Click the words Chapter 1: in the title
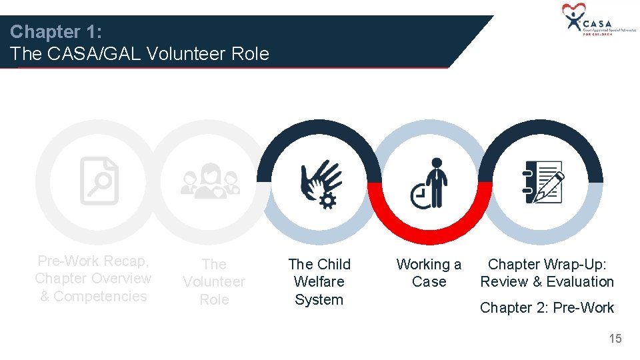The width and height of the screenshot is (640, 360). coord(55,31)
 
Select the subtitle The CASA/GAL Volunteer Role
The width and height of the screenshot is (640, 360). coord(140,54)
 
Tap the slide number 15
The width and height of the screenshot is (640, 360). coord(615,339)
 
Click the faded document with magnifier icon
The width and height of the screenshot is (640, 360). coord(99,181)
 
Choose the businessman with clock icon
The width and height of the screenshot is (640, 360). coord(430,183)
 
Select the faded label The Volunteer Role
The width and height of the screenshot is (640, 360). coord(214,282)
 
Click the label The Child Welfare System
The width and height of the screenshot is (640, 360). coord(319,282)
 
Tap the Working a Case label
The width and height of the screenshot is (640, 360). coord(429,273)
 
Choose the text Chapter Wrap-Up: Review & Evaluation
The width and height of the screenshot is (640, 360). coord(547,273)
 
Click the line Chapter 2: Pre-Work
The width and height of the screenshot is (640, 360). coord(547,307)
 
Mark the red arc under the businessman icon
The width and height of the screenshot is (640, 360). coord(430,230)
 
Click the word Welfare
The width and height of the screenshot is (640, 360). coord(319,282)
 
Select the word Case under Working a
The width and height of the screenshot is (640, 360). coord(429,282)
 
